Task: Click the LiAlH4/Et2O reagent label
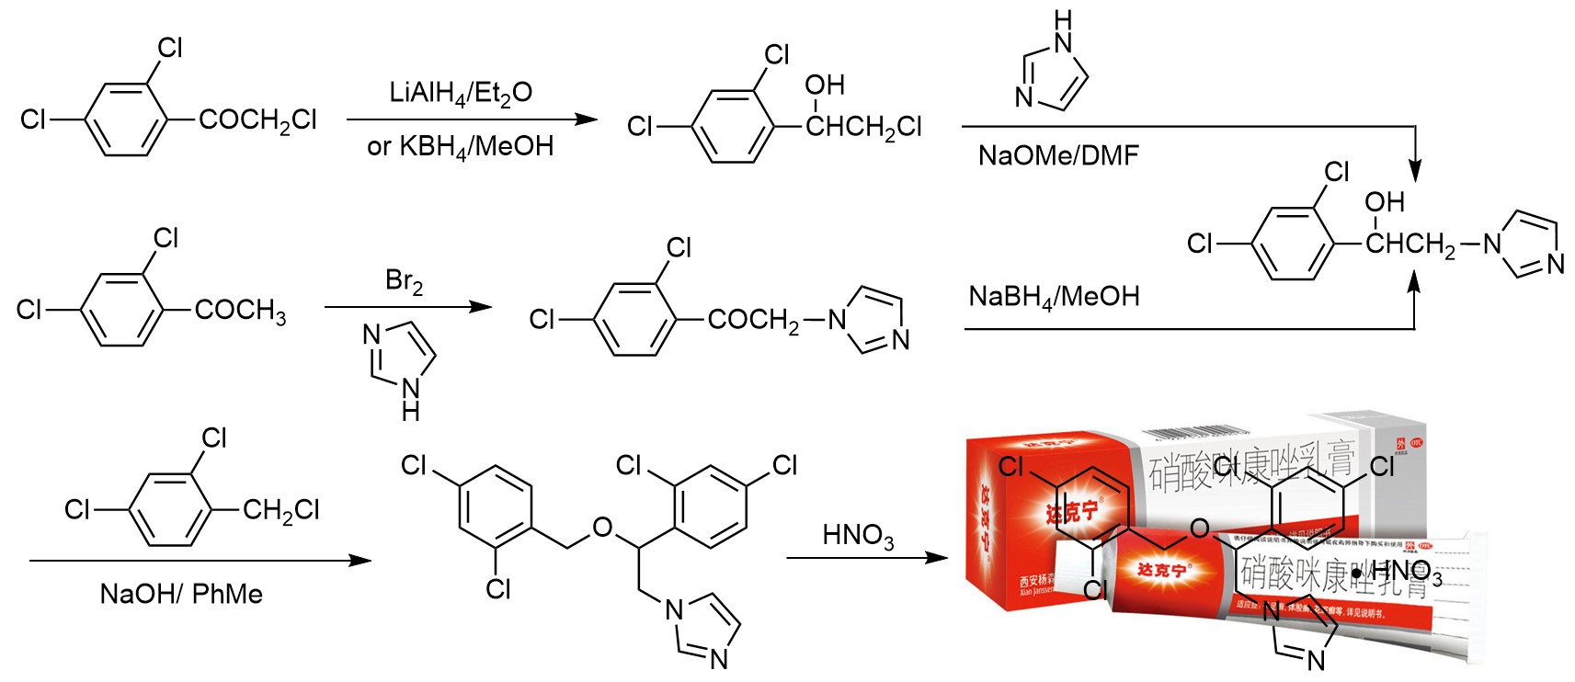[461, 93]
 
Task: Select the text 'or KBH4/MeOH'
[460, 146]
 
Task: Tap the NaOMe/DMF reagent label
[1058, 155]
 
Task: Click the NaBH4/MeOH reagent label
[1054, 297]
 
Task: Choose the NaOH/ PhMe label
[181, 594]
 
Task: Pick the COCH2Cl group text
[257, 120]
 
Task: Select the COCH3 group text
[240, 311]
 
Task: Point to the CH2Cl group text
[280, 510]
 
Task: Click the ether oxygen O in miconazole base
[602, 528]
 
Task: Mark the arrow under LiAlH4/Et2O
[472, 119]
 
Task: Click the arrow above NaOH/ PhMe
[200, 560]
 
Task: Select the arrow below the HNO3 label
[866, 557]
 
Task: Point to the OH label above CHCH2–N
[1384, 202]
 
